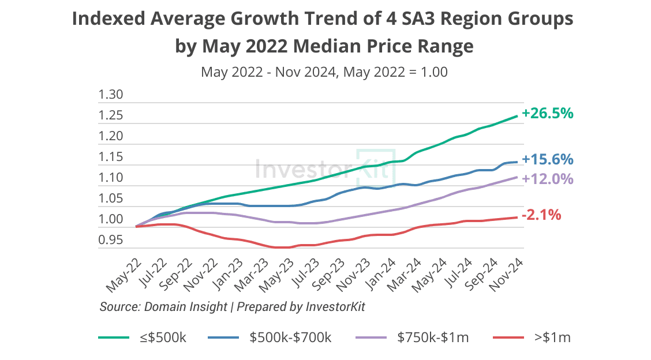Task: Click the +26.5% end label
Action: point(547,114)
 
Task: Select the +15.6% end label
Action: point(547,159)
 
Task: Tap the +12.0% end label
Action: point(547,179)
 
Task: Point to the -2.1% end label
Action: point(541,215)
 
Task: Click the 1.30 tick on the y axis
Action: point(111,95)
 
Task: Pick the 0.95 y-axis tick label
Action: point(111,240)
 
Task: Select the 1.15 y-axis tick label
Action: point(111,157)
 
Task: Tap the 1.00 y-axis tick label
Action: point(111,219)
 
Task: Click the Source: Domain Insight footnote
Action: point(163,307)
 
